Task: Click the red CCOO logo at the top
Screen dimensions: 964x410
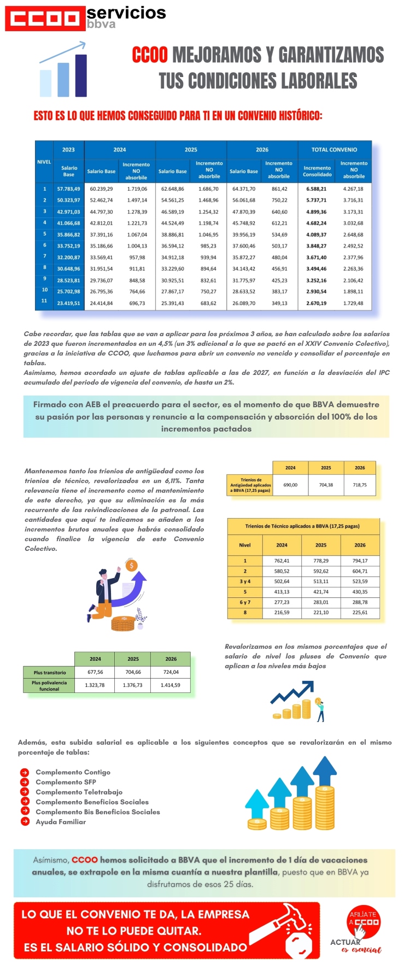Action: [x=45, y=19]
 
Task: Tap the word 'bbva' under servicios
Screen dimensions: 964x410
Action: [x=101, y=24]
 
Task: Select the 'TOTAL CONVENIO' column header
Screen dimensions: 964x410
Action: [x=334, y=149]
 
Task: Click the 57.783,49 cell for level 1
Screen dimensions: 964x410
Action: [x=68, y=189]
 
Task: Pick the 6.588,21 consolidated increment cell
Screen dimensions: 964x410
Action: [x=317, y=189]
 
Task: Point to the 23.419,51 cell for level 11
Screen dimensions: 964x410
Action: [x=68, y=303]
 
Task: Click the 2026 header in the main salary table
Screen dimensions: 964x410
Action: [x=262, y=149]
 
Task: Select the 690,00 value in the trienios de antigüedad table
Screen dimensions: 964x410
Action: [x=290, y=485]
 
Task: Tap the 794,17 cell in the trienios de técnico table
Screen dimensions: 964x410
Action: [x=360, y=561]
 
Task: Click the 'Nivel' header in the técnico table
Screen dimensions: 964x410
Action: [x=245, y=545]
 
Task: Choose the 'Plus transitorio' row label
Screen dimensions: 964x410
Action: [x=49, y=673]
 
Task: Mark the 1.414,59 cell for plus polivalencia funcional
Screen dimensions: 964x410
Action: [x=171, y=685]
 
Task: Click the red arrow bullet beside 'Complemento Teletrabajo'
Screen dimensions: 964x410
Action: [x=25, y=792]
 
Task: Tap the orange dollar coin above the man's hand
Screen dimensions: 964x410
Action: [x=131, y=566]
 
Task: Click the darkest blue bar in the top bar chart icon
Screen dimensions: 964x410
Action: [x=81, y=75]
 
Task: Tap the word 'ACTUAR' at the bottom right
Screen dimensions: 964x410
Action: [x=345, y=942]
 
